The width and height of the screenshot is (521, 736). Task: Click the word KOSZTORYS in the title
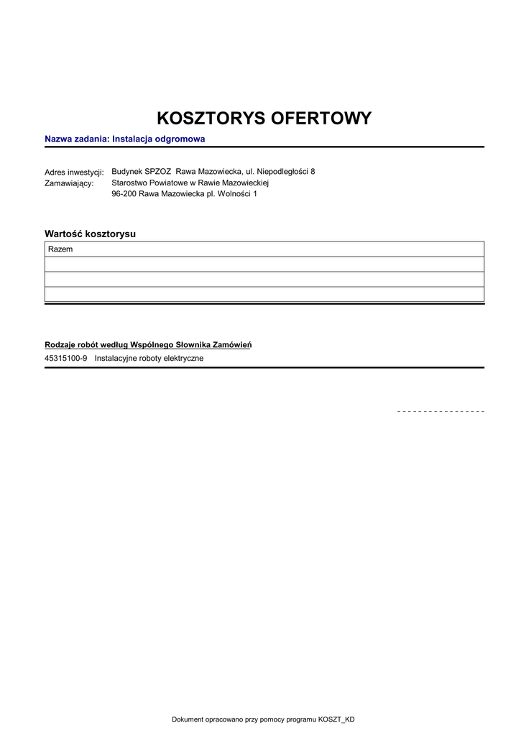point(210,119)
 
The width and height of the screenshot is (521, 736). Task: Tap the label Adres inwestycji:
point(74,172)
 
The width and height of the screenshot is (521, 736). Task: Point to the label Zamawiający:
point(69,183)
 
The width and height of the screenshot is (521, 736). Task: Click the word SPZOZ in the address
point(157,172)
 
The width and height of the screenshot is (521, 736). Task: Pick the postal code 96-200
point(124,194)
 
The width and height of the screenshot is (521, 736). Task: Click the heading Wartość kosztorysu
point(90,234)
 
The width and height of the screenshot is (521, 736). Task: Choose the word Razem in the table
point(60,249)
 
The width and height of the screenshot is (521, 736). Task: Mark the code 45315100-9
point(66,358)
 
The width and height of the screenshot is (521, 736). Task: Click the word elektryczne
point(183,358)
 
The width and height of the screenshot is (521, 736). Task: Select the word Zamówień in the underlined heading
point(233,345)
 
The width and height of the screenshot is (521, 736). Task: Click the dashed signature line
point(441,411)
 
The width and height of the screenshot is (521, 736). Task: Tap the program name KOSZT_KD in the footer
point(336,719)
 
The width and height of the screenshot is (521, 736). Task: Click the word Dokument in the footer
point(189,719)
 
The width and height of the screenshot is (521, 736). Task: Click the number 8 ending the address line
point(313,172)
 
